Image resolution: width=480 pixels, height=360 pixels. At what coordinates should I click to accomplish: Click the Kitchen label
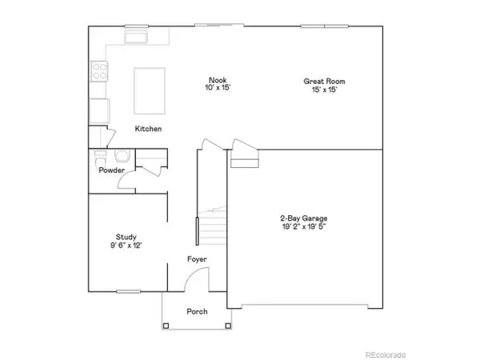point(149,129)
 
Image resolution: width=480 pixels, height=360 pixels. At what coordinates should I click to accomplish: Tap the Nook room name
point(218,80)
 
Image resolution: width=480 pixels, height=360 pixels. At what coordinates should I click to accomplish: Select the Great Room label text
point(324,81)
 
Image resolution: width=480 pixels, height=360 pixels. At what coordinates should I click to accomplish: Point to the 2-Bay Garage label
point(303,218)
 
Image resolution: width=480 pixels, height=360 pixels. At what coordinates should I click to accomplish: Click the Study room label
point(126,237)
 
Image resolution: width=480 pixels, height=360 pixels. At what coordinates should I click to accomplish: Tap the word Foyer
point(197,259)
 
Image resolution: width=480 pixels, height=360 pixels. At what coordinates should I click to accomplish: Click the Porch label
point(197,311)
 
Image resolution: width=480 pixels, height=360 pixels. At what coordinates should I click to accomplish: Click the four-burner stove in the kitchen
point(100,72)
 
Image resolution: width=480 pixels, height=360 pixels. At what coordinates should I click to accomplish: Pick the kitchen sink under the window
point(136,38)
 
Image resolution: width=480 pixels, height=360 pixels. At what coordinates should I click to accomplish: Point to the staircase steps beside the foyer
point(214,229)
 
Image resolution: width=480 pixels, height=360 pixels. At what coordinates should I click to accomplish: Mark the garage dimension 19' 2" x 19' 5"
point(303,226)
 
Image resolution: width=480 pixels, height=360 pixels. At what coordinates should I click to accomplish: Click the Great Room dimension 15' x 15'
point(324,90)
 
